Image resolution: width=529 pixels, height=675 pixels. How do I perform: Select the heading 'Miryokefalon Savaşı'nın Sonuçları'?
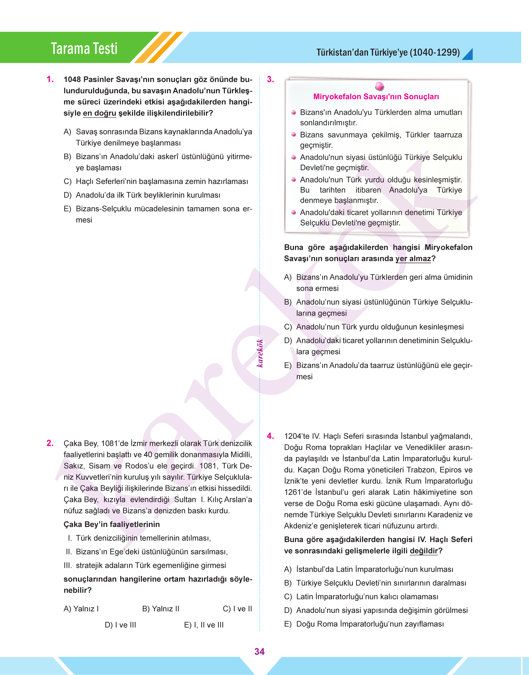376,97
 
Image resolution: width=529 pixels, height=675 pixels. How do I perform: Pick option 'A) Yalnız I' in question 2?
81,609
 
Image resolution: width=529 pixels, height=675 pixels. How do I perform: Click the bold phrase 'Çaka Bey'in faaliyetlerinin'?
111,524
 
